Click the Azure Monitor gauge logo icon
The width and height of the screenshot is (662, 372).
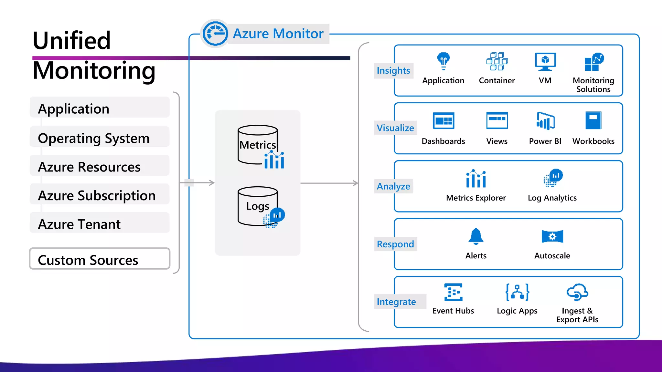(x=215, y=34)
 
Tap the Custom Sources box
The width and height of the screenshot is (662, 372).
(x=100, y=259)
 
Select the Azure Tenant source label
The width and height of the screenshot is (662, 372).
(x=80, y=224)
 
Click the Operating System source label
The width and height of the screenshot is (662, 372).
(x=94, y=138)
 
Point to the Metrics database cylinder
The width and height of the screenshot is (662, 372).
(x=258, y=144)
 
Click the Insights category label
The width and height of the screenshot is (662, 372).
(x=393, y=70)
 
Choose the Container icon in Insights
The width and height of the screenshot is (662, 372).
(x=497, y=61)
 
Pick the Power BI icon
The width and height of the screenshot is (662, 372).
(x=545, y=121)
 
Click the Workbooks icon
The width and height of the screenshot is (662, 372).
(x=593, y=120)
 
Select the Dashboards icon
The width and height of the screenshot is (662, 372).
(x=443, y=121)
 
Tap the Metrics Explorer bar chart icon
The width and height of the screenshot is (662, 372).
(x=476, y=179)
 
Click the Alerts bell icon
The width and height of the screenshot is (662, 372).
(x=476, y=236)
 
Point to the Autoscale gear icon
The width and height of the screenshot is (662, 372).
(x=552, y=236)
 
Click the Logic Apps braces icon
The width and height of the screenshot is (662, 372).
(x=517, y=292)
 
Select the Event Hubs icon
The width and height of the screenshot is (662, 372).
(x=453, y=292)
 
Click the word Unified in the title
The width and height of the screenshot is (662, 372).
(x=72, y=40)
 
